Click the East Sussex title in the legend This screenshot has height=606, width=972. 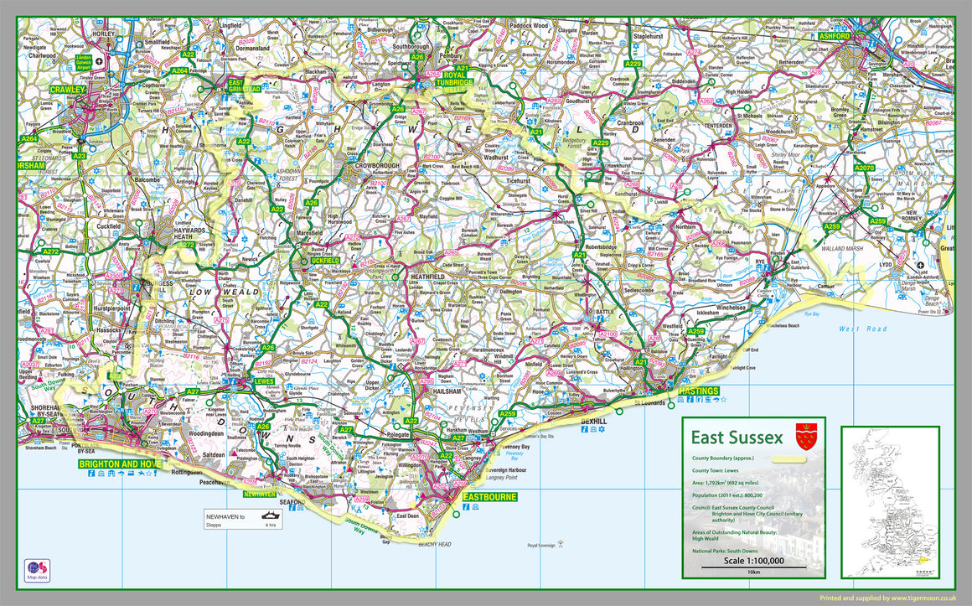(736, 438)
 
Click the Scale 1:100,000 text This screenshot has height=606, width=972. (752, 561)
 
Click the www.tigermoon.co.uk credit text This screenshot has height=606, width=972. (924, 598)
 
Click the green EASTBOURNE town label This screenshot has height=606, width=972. (490, 497)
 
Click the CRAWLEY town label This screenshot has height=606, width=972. (68, 89)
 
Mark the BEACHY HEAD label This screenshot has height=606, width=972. (433, 544)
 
